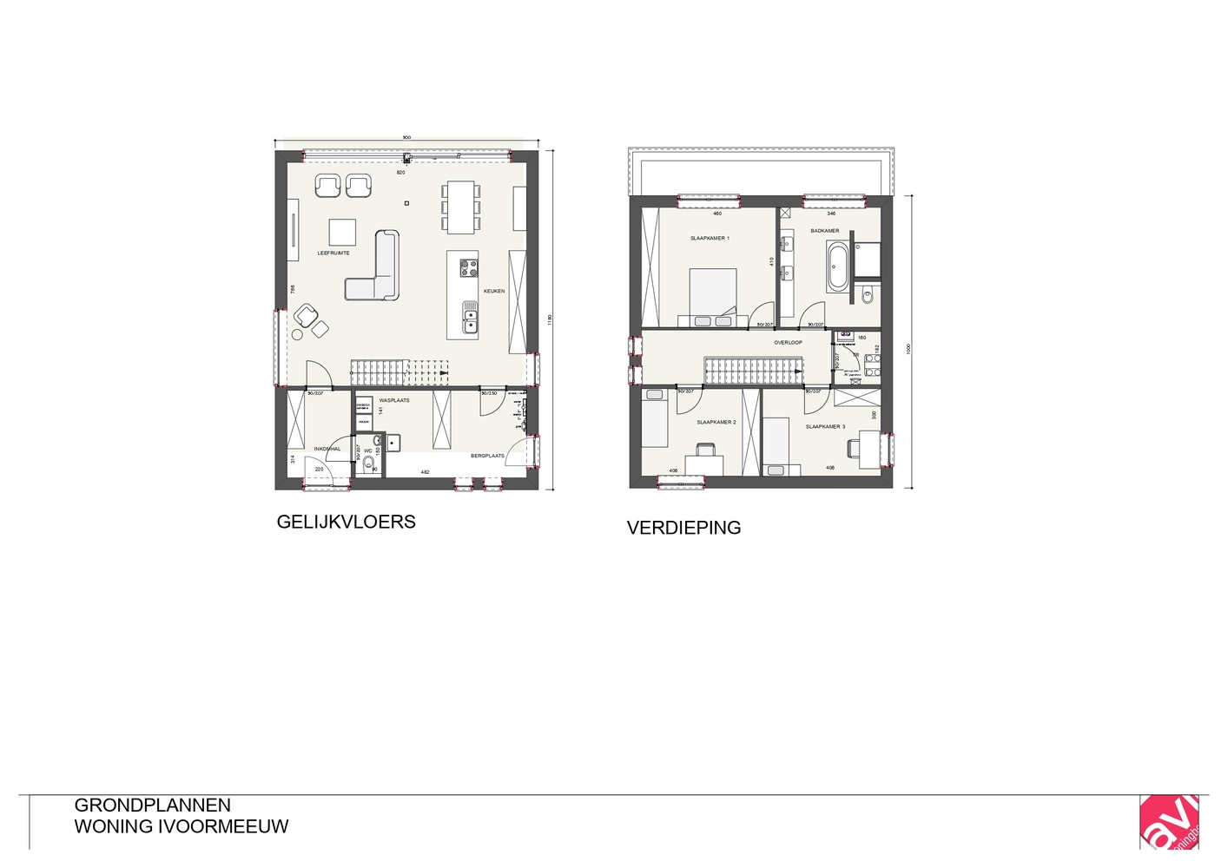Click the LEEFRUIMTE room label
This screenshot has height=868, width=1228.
point(333,253)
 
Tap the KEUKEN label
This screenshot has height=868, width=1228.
point(494,292)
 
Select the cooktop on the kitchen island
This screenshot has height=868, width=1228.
point(468,267)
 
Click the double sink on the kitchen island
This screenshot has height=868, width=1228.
point(470,318)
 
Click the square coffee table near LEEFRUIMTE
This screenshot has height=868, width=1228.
point(342,232)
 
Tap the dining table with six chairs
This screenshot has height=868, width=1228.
point(461,207)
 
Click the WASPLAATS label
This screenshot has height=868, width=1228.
point(394,400)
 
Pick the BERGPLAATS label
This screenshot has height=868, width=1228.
point(487,456)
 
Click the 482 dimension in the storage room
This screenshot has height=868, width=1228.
point(425,472)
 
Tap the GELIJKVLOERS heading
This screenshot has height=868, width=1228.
point(346,522)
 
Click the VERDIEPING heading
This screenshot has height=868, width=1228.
point(683,528)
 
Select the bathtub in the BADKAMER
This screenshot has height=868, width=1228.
point(837,266)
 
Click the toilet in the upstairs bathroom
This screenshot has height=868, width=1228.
point(868,296)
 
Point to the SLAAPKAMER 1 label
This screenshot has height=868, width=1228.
point(710,238)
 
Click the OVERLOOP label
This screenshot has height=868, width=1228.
point(788,343)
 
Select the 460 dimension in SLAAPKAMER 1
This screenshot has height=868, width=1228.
point(717,214)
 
